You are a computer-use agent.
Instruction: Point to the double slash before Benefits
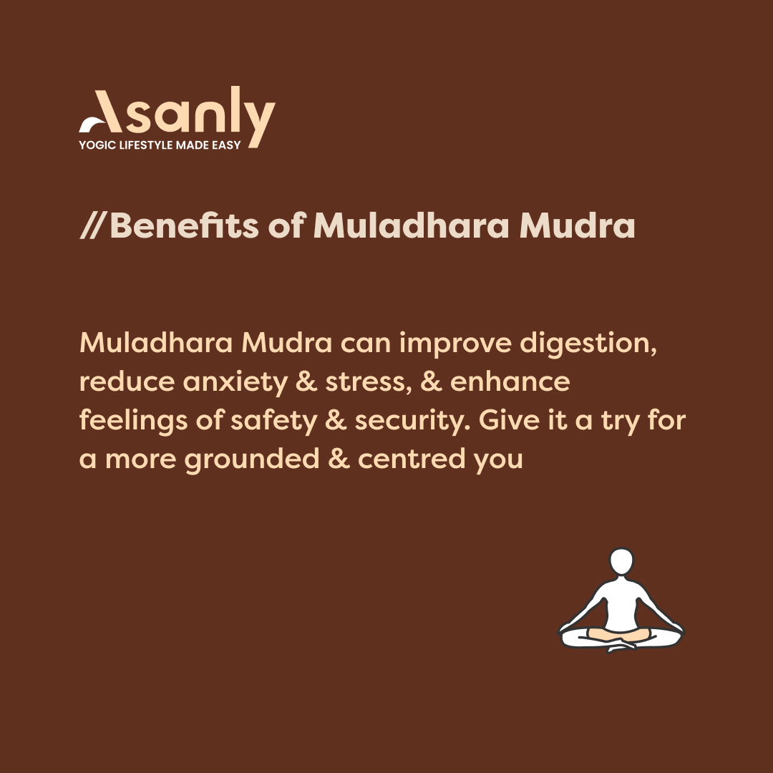click(x=93, y=226)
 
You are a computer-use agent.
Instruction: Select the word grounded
click(x=251, y=459)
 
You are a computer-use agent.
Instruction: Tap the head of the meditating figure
click(x=621, y=561)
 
